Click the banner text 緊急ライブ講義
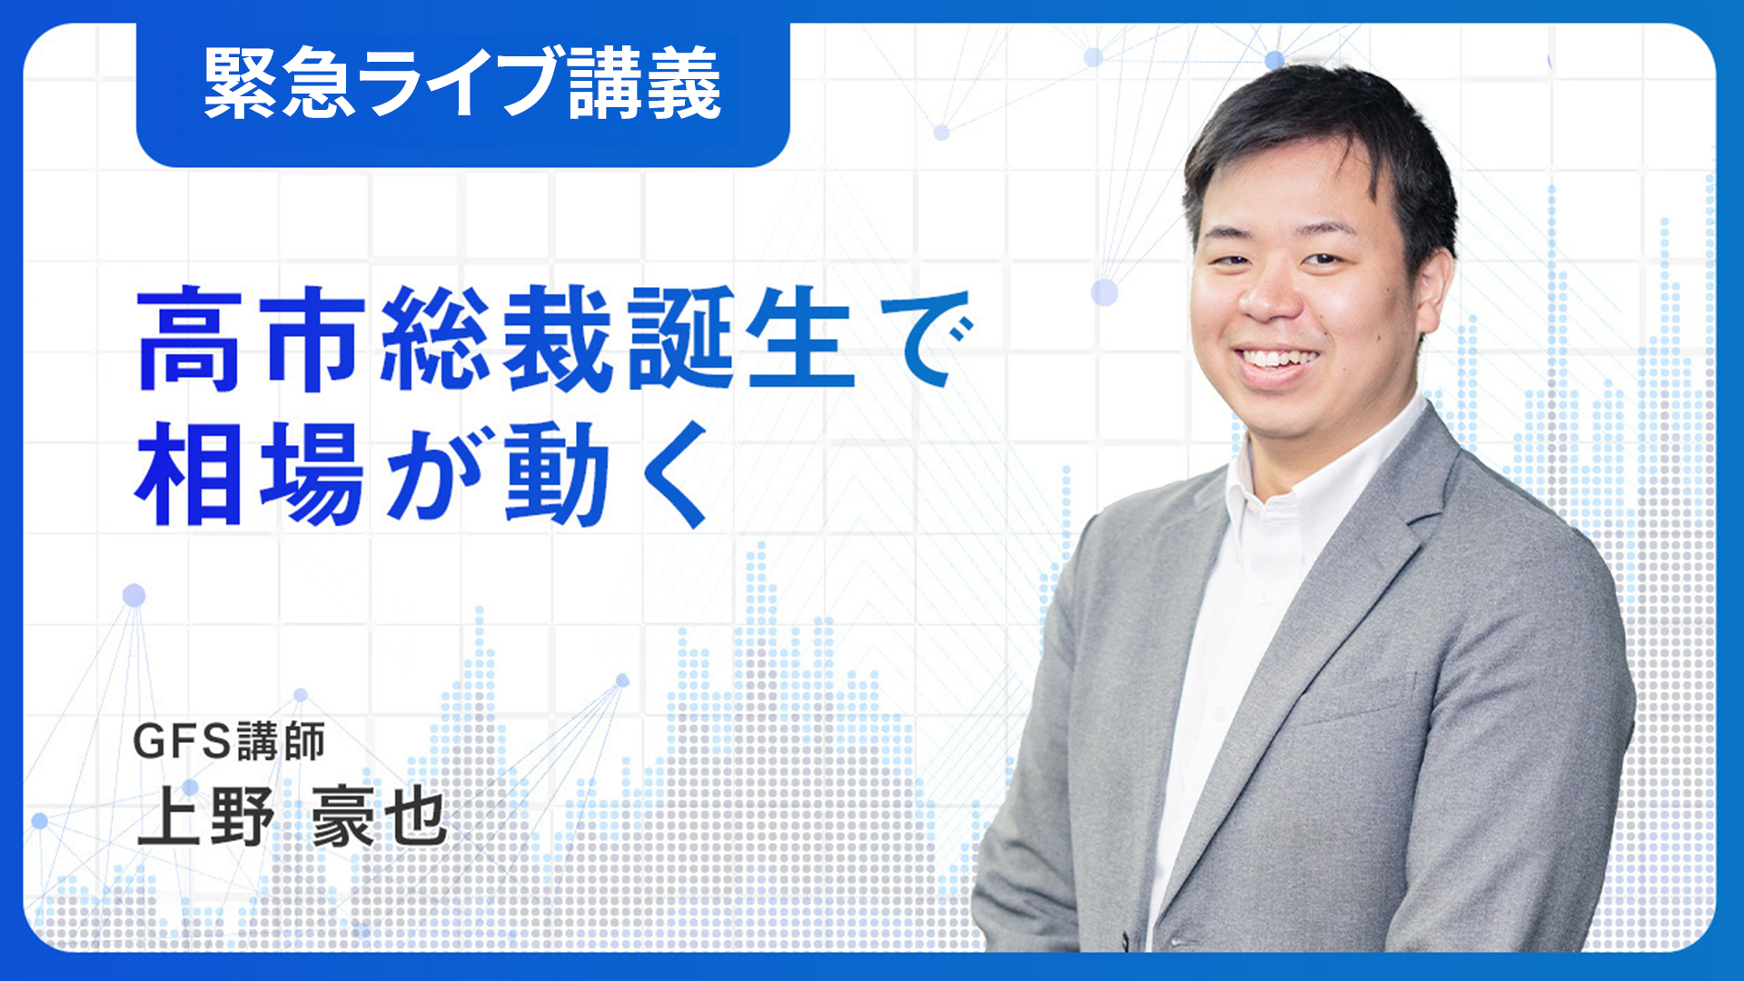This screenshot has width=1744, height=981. [x=462, y=83]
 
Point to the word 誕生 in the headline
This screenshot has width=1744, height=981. [x=741, y=338]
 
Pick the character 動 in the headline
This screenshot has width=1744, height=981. [x=557, y=473]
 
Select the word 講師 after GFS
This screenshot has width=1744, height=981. [x=281, y=742]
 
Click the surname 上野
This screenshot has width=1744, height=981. [x=205, y=817]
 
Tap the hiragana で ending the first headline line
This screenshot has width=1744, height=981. [x=926, y=338]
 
